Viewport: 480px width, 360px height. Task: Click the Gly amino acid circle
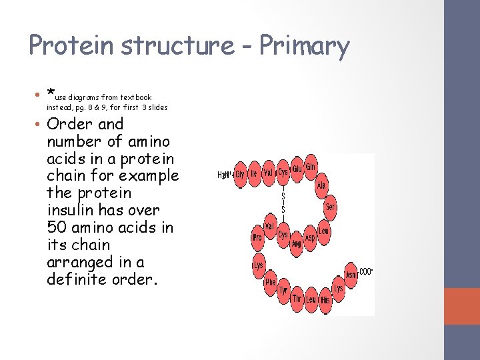click(240, 174)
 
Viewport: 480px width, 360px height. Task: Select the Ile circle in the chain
click(254, 173)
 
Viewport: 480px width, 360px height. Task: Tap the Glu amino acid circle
click(297, 169)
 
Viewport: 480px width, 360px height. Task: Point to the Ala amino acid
click(321, 185)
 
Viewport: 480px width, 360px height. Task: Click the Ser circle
click(330, 207)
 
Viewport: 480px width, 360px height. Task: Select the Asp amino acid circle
click(310, 237)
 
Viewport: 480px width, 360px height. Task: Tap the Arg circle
click(296, 244)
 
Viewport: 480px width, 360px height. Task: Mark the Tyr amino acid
click(283, 291)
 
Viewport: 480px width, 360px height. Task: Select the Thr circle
click(297, 299)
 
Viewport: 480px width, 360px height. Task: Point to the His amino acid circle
click(325, 300)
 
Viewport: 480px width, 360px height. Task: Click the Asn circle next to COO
click(351, 274)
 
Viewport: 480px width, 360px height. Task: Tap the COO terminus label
click(366, 271)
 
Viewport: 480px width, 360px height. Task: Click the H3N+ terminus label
click(225, 175)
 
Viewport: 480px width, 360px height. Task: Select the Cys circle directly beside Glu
click(283, 172)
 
